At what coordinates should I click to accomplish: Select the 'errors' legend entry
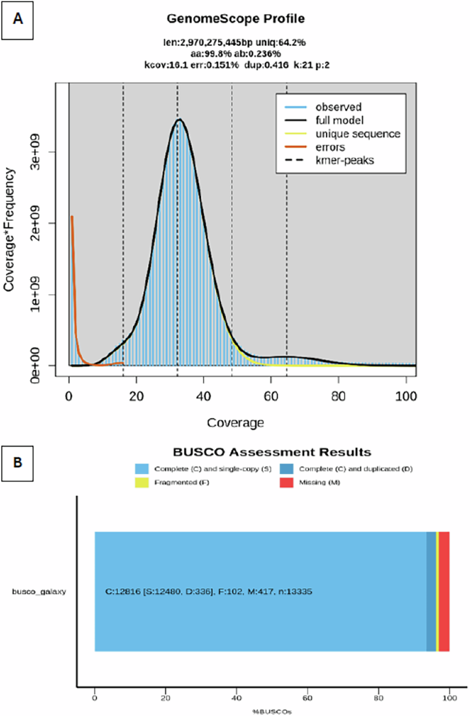point(330,147)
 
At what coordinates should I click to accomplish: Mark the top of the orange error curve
point(71,217)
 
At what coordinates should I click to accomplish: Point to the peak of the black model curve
point(179,120)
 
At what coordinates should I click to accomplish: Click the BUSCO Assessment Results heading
point(270,453)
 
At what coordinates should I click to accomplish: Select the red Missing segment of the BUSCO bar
point(444,592)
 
